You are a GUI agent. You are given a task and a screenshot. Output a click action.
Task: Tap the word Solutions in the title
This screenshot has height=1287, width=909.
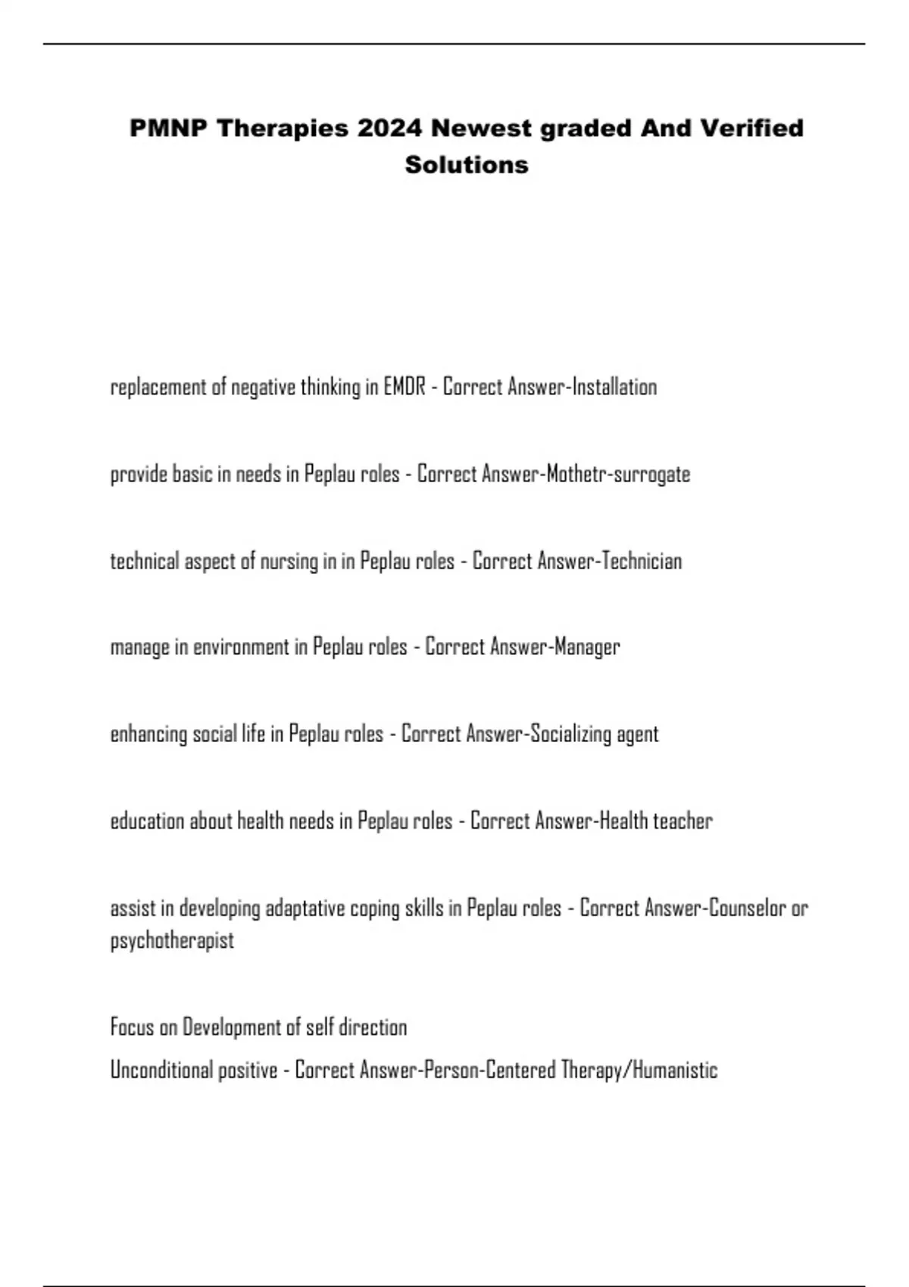467,164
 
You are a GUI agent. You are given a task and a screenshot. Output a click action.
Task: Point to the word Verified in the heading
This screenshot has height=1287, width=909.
751,128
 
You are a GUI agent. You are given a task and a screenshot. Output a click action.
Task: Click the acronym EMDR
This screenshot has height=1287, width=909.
405,387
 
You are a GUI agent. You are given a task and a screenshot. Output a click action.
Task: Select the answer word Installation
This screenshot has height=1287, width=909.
614,387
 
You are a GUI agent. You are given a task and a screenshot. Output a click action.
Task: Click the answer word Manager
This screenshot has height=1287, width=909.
587,647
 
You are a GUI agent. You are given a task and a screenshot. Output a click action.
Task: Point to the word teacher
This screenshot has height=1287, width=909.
683,821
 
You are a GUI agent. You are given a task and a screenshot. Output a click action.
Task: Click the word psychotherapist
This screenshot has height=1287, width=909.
172,941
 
